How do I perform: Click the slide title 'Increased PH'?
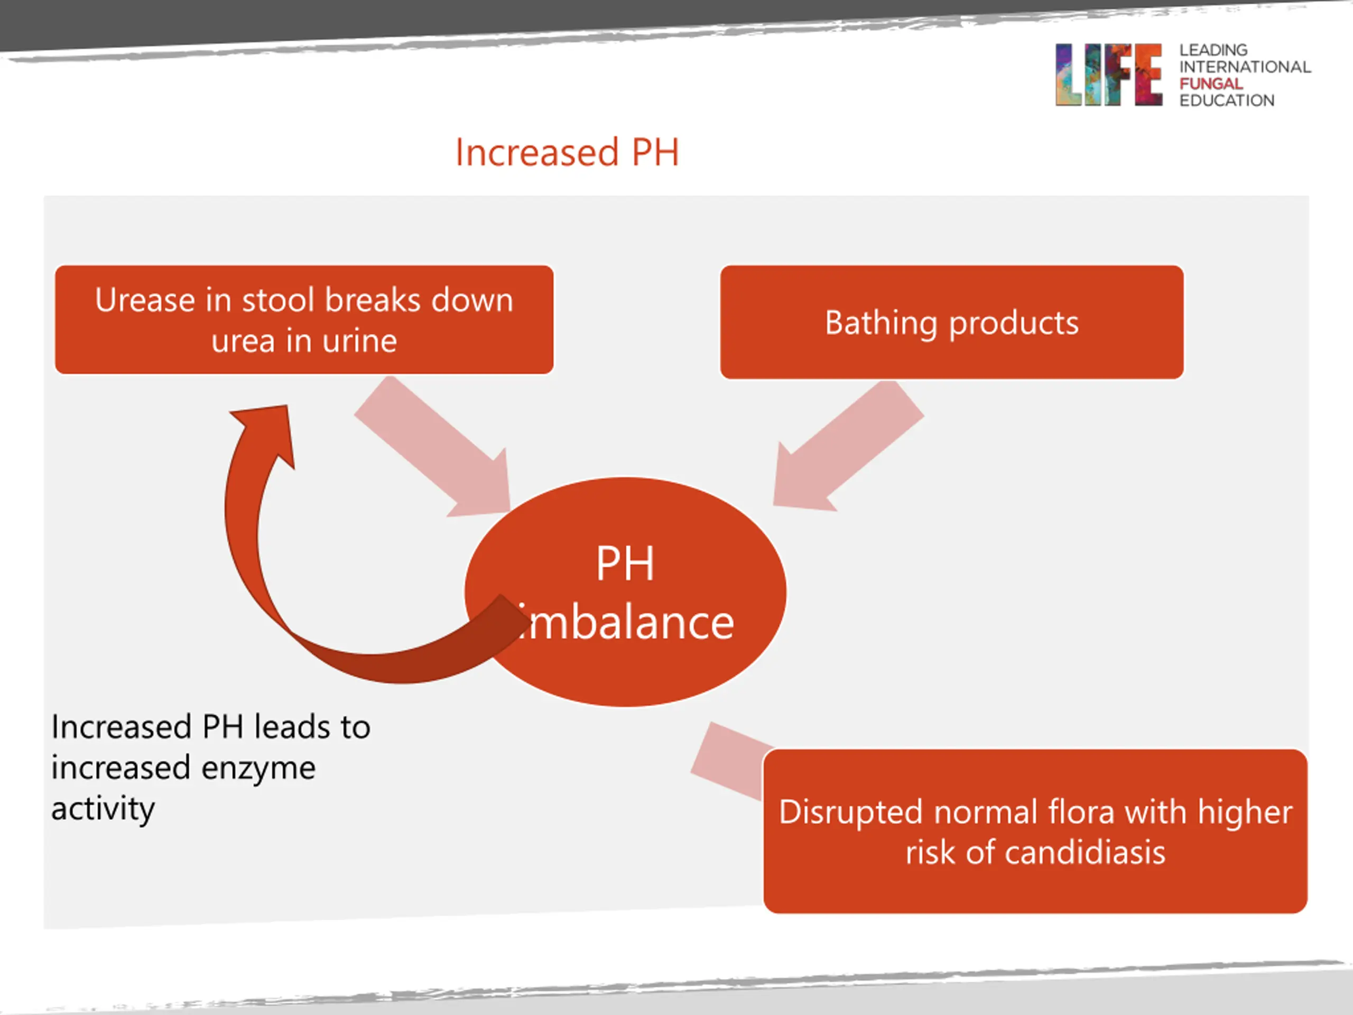[x=567, y=152]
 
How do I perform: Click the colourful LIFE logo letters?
[x=1108, y=75]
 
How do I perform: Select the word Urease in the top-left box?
[x=144, y=300]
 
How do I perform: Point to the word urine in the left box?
[x=360, y=341]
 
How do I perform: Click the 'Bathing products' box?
[x=951, y=322]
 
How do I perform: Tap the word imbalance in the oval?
[x=627, y=623]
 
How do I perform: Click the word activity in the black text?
[x=103, y=809]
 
